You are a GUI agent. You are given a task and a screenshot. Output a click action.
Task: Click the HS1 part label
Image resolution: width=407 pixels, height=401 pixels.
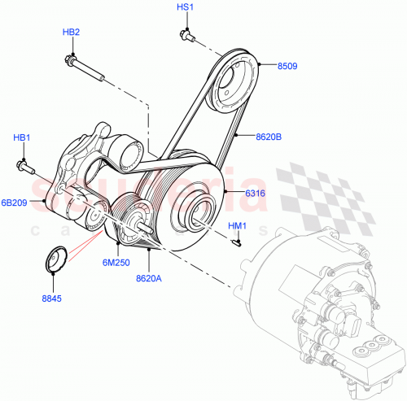click(x=186, y=7)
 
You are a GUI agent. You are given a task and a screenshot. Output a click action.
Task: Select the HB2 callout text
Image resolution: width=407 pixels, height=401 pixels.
click(x=71, y=33)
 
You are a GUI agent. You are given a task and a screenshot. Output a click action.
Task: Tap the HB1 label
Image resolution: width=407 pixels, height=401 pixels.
click(x=21, y=138)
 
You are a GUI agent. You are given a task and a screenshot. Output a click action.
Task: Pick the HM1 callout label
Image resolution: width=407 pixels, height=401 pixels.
click(x=236, y=226)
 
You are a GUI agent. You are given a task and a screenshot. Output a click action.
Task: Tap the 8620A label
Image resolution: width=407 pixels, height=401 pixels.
click(x=149, y=277)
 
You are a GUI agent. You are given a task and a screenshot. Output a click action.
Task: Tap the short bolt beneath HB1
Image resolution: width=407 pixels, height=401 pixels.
click(x=24, y=169)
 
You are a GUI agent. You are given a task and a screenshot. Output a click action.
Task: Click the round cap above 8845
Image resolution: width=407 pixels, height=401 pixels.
click(x=55, y=259)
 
